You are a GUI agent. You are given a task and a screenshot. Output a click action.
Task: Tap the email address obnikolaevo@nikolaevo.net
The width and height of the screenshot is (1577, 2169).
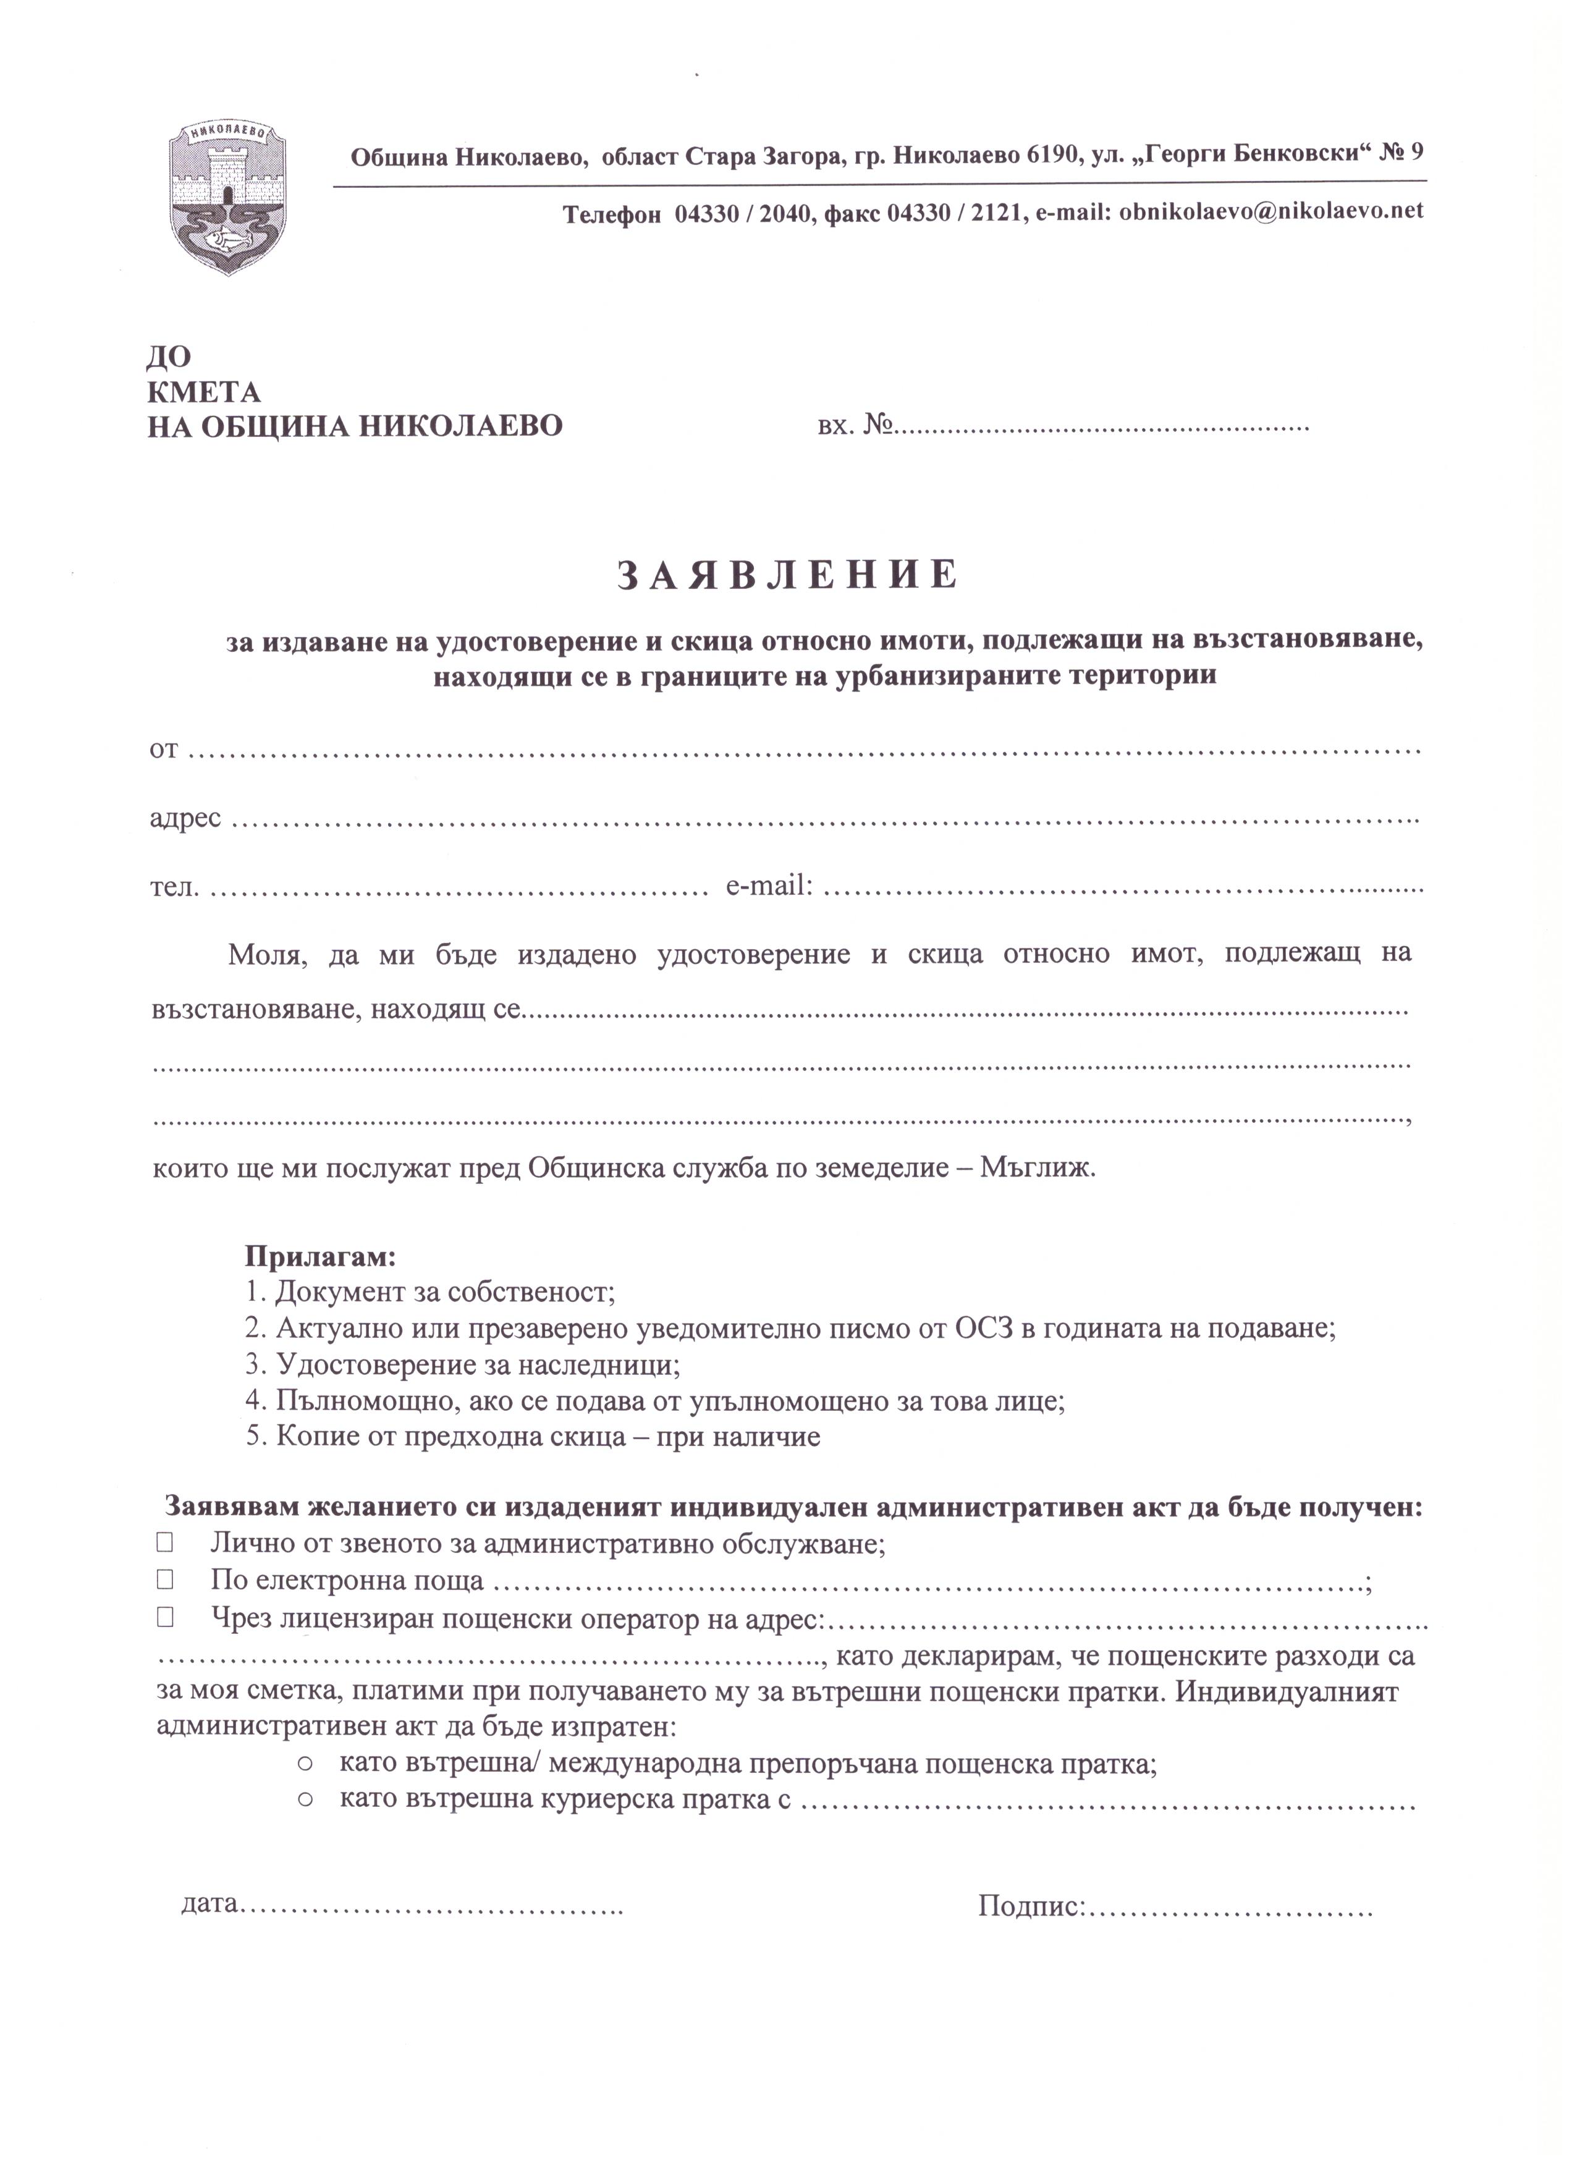point(1271,211)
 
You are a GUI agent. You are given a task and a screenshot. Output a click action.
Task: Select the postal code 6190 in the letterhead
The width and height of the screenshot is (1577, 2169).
point(1051,155)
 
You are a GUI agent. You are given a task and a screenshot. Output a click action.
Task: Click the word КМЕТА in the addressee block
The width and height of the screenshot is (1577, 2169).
point(204,392)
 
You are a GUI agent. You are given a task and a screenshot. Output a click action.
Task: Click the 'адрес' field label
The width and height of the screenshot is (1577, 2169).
point(185,819)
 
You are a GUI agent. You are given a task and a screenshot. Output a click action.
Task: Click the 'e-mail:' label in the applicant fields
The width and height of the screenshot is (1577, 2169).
point(770,887)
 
